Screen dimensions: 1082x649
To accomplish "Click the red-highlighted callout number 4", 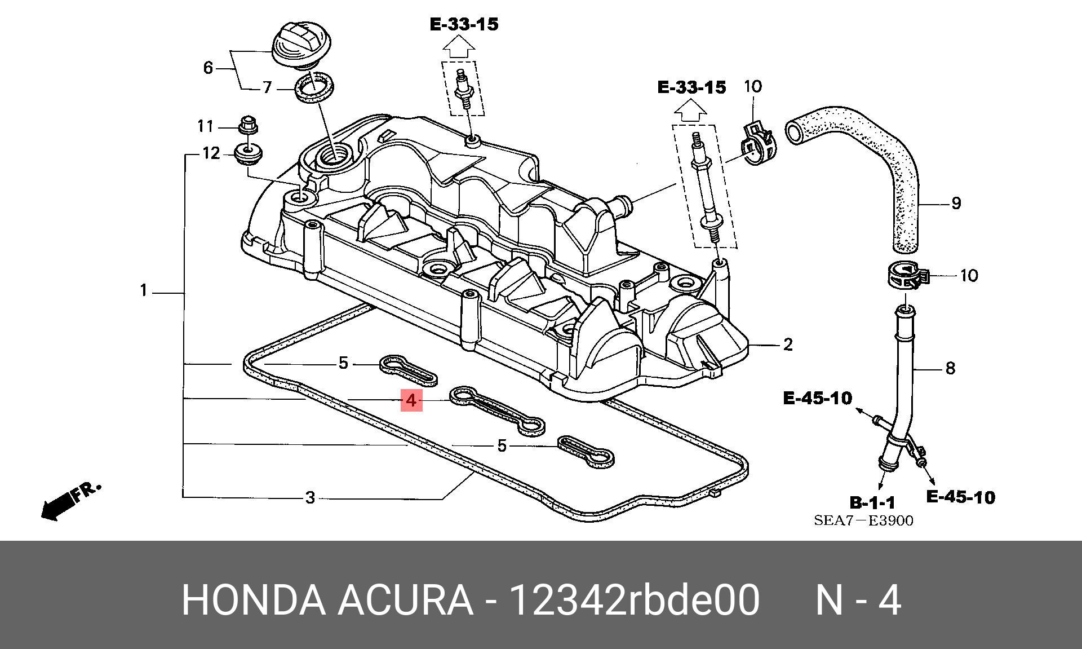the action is click(x=411, y=400).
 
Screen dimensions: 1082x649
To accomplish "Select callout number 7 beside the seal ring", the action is click(x=267, y=87).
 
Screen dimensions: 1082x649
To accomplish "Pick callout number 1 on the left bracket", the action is click(x=144, y=291).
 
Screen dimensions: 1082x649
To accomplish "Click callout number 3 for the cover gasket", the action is click(x=309, y=498).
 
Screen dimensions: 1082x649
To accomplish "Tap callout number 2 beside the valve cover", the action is click(x=788, y=344).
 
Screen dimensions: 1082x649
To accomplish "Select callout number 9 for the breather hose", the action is click(x=956, y=203).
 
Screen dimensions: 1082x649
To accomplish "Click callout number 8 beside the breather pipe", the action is click(x=950, y=368).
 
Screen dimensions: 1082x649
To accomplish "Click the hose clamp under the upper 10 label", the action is click(x=757, y=144).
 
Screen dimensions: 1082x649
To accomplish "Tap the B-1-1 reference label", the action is click(x=872, y=502).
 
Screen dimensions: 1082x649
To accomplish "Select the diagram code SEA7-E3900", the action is click(x=863, y=520).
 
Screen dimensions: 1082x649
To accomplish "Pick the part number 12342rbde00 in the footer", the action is click(x=634, y=600).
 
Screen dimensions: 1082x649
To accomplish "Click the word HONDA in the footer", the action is click(x=253, y=600).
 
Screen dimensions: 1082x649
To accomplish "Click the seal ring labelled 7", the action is click(x=314, y=88).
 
